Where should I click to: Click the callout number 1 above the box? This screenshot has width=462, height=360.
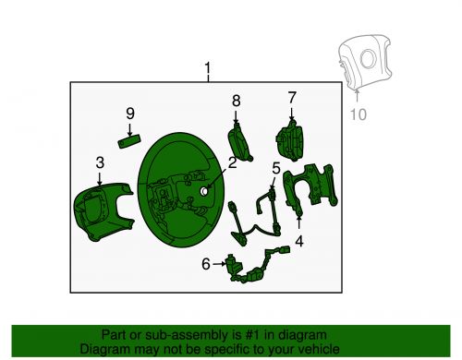[x=208, y=69]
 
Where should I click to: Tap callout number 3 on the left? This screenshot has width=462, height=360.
[x=100, y=163]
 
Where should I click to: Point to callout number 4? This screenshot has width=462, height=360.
[x=298, y=244]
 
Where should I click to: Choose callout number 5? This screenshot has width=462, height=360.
[x=275, y=168]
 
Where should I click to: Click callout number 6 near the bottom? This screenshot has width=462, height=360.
[x=205, y=265]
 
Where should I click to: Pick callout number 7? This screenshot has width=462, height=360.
[x=292, y=97]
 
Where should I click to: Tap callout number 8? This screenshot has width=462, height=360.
[x=236, y=100]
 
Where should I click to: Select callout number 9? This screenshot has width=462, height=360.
[x=130, y=114]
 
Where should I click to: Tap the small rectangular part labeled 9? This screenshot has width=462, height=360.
[x=130, y=141]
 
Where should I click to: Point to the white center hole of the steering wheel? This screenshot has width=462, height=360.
[x=202, y=190]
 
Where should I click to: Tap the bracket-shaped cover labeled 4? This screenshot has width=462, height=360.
[x=314, y=189]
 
